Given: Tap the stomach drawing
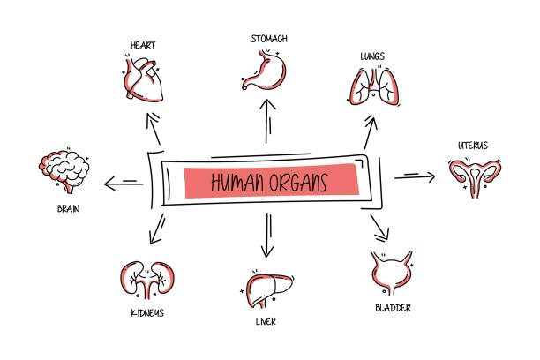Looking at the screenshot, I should coord(264,71).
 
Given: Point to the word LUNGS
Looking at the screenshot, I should coord(371,56).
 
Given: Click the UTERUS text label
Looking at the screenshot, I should coord(473,145).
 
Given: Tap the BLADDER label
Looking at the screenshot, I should coord(391,308).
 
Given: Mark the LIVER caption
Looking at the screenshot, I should coord(264,322).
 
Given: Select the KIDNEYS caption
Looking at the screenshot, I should coord(143,312).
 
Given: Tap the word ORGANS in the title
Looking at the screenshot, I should coord(299,183).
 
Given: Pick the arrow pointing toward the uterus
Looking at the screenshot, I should coord(414,177).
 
